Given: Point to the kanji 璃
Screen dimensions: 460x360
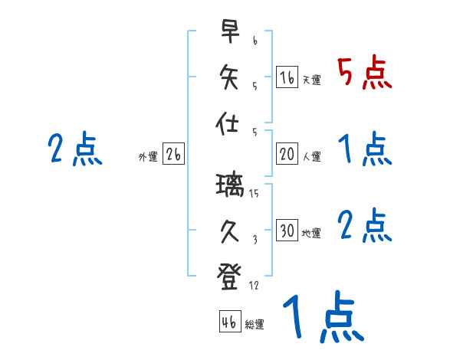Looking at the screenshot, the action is [230, 186].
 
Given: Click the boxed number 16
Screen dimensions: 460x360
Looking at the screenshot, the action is [287, 77].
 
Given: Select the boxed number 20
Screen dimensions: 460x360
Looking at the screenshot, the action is [287, 154].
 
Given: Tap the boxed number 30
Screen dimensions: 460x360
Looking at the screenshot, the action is [287, 231].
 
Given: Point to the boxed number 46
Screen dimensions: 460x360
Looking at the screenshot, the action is [228, 322].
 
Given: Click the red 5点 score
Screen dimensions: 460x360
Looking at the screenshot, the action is [365, 74].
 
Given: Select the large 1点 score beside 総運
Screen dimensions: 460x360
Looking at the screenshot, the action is [322, 318].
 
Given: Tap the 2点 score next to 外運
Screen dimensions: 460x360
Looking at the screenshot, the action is [75, 149].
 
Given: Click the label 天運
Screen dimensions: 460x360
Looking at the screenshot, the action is [311, 80].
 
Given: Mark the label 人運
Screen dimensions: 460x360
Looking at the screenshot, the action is [311, 156].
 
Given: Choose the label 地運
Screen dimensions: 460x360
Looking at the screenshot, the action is [311, 233].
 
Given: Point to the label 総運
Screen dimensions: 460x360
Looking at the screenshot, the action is [255, 325].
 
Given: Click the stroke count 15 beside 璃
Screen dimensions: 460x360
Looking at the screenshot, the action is [255, 195].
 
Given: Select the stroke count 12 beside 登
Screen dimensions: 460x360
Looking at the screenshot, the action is [255, 286].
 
